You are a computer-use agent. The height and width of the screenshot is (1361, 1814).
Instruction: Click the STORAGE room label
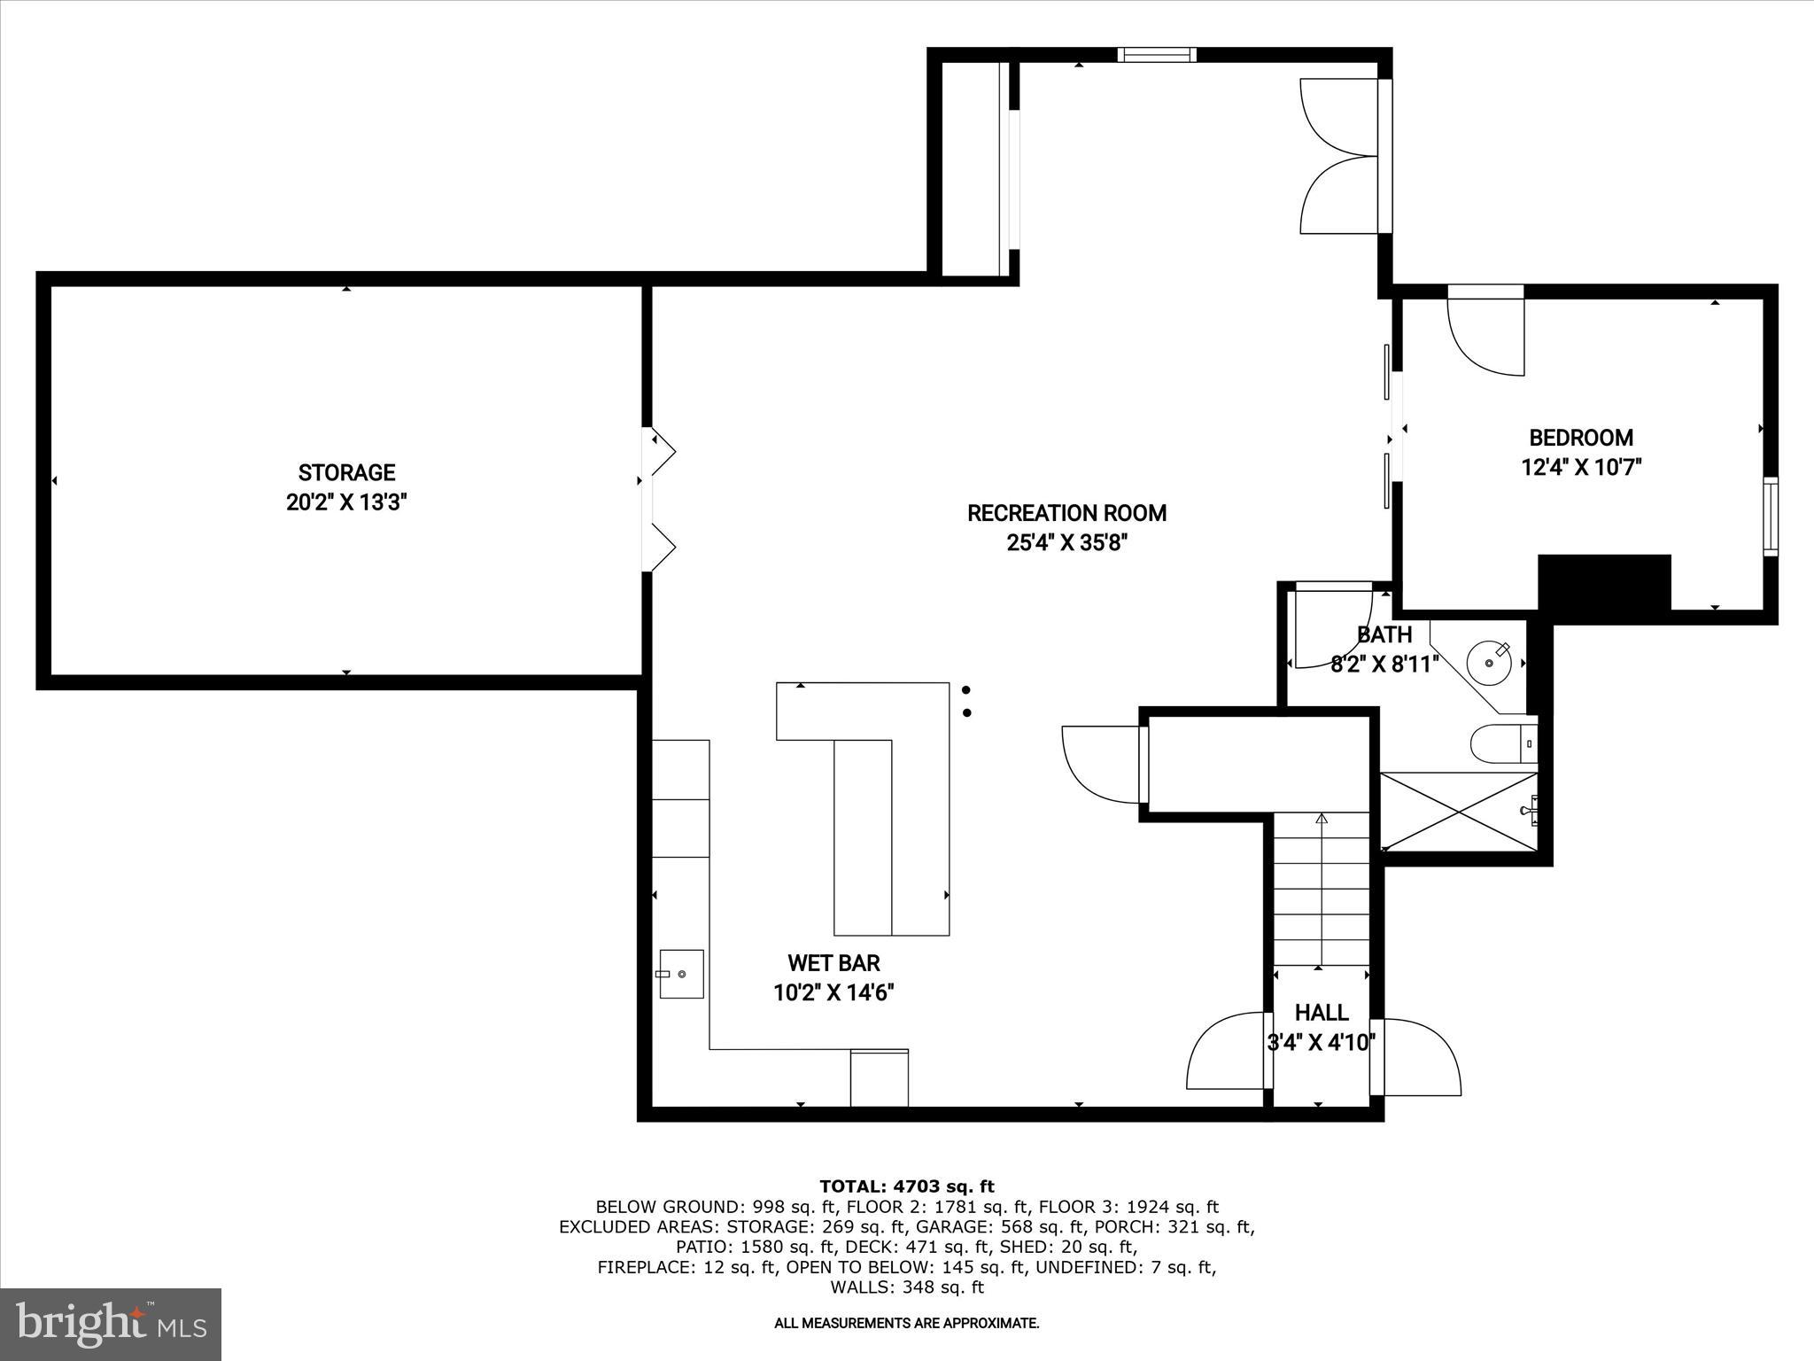pyautogui.click(x=346, y=472)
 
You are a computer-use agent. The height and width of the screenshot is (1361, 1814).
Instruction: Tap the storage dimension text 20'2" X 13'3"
pyautogui.click(x=346, y=502)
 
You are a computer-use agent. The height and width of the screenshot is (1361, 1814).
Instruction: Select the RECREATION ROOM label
pyautogui.click(x=1066, y=513)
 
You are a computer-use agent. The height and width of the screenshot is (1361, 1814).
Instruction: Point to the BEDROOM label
pyautogui.click(x=1581, y=438)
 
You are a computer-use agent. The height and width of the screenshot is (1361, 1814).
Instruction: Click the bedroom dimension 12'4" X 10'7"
pyautogui.click(x=1581, y=467)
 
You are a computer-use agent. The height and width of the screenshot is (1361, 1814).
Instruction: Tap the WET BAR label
pyautogui.click(x=833, y=963)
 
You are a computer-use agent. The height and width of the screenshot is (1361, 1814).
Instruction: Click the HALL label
pyautogui.click(x=1322, y=1013)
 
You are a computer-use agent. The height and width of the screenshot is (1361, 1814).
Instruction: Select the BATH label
pyautogui.click(x=1384, y=634)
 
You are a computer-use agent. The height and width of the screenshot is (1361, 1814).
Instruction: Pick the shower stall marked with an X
pyautogui.click(x=1457, y=811)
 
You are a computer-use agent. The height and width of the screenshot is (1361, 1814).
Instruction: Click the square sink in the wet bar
pyautogui.click(x=681, y=974)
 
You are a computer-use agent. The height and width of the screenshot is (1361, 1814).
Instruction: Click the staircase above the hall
pyautogui.click(x=1322, y=890)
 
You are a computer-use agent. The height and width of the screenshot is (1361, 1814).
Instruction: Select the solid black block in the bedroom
pyautogui.click(x=1604, y=582)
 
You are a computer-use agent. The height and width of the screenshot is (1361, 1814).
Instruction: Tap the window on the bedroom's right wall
pyautogui.click(x=1770, y=517)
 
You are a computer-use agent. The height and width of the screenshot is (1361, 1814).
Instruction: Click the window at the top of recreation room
pyautogui.click(x=1156, y=55)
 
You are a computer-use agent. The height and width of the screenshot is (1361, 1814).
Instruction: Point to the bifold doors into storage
pyautogui.click(x=659, y=500)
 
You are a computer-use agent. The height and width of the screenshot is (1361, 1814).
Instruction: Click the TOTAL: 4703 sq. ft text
pyautogui.click(x=906, y=1186)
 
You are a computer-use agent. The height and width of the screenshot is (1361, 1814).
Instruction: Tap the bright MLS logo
pyautogui.click(x=111, y=1325)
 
